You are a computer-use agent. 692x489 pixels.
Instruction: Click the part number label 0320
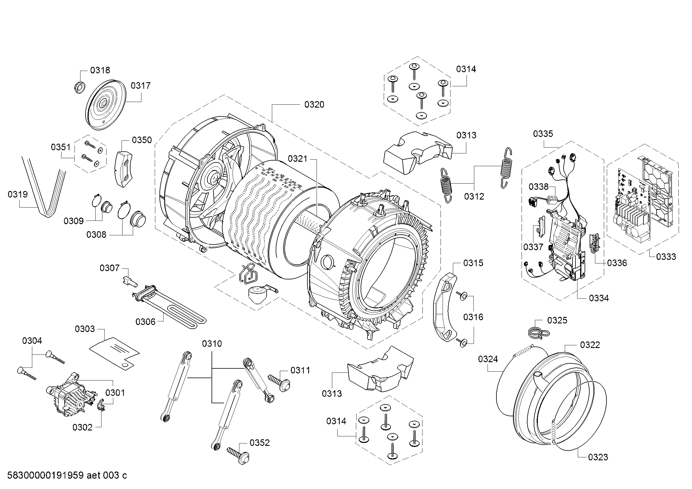(x=314, y=104)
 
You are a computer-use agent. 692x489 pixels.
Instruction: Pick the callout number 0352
(x=259, y=443)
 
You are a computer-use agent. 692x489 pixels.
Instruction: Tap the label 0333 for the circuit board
(x=666, y=257)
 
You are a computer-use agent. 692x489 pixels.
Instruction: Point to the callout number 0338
(x=538, y=187)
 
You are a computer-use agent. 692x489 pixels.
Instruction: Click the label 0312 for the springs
(x=474, y=196)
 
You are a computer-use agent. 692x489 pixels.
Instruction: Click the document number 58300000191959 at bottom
(x=45, y=475)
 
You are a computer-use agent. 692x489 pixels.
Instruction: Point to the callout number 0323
(x=598, y=457)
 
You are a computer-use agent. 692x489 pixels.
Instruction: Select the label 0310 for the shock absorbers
(x=212, y=344)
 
